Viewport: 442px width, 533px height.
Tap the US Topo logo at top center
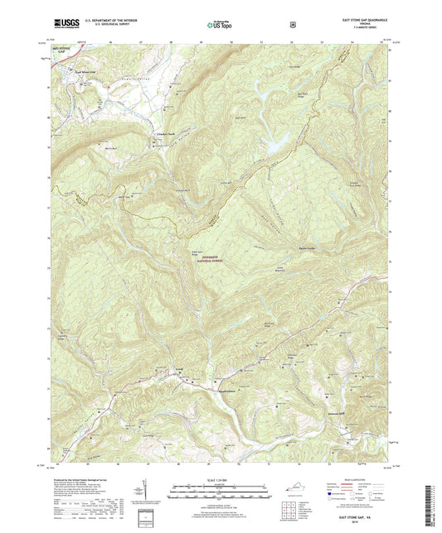(219, 26)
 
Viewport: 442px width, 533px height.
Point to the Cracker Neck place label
(168, 135)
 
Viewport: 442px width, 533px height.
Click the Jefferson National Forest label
(217, 258)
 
